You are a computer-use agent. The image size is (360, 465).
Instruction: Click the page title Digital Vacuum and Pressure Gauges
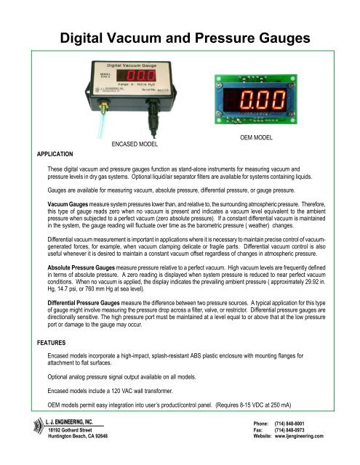(x=180, y=36)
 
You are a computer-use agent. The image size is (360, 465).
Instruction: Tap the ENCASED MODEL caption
(x=140, y=145)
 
